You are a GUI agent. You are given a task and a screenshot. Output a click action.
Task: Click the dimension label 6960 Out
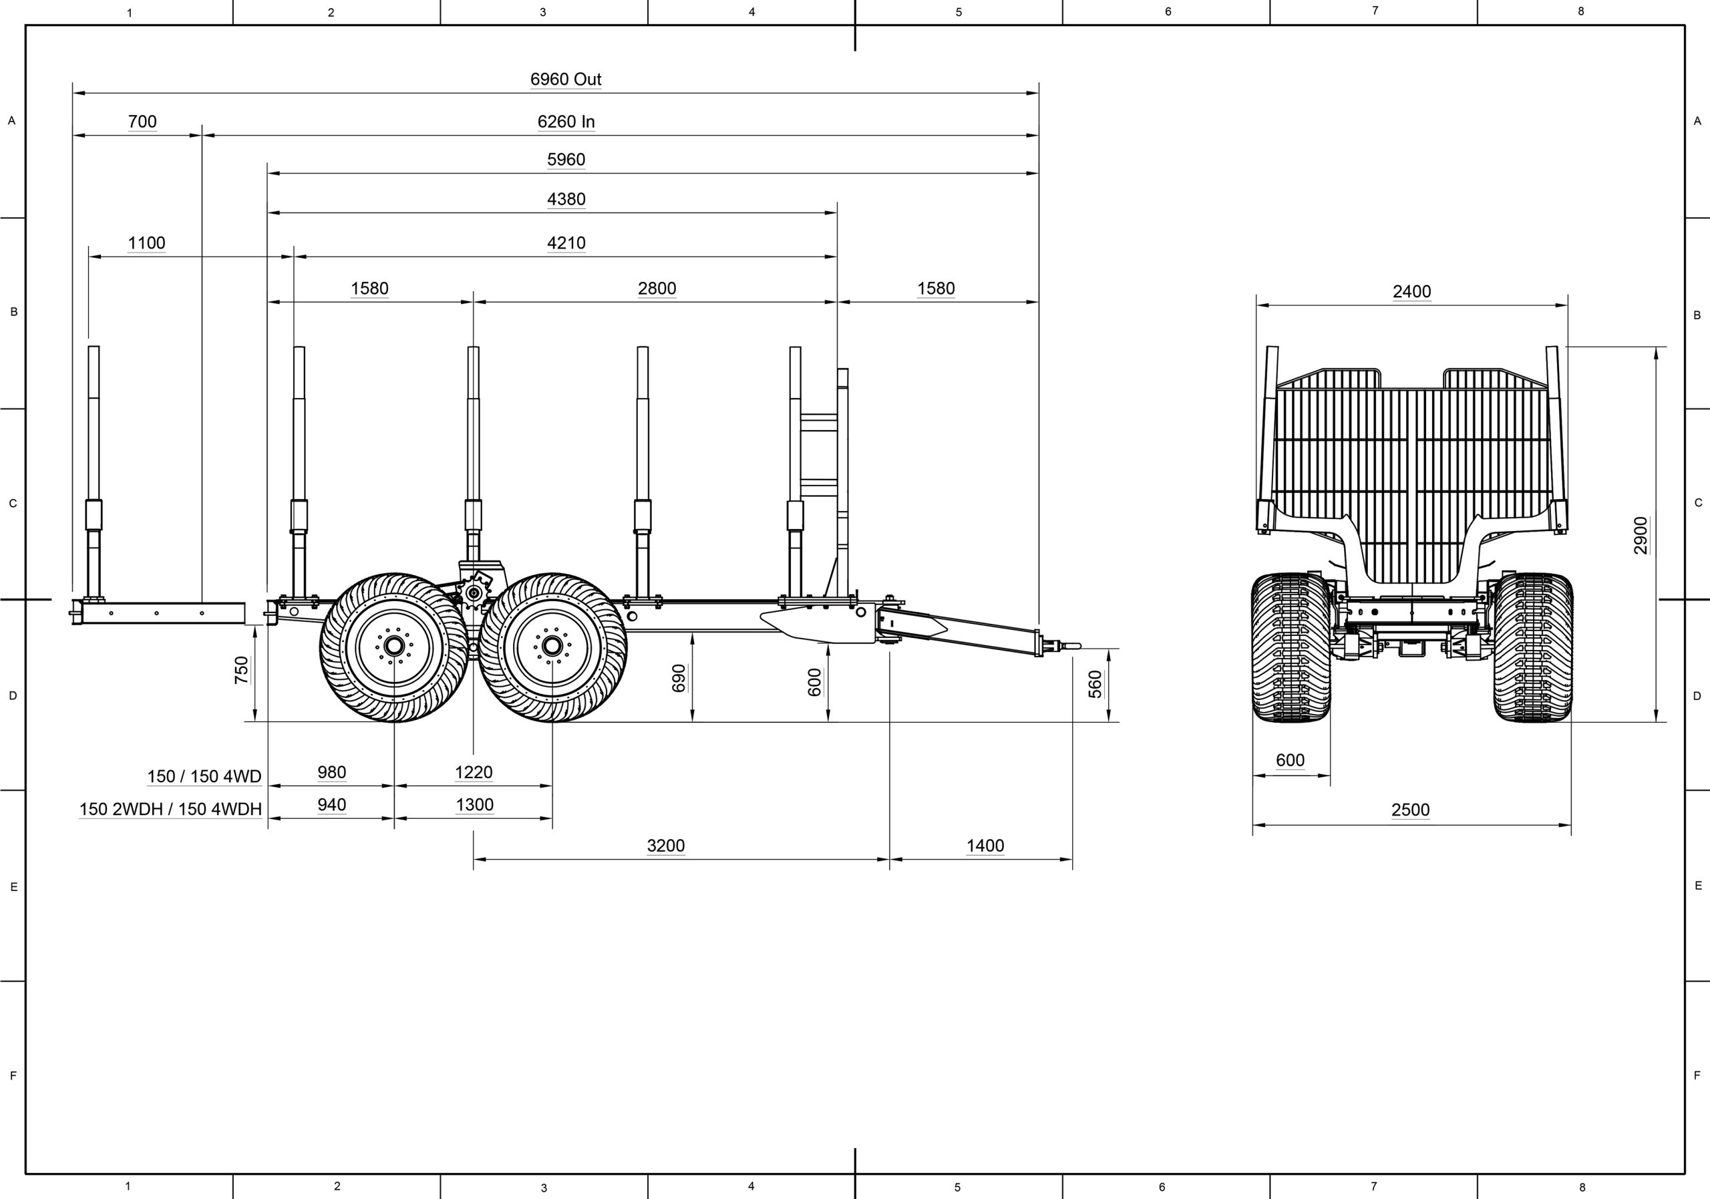point(565,79)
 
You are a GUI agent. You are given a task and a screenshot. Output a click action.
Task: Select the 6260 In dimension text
point(566,122)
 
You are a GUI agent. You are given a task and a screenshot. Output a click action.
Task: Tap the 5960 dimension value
point(566,160)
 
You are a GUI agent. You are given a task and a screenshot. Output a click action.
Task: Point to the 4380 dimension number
point(566,199)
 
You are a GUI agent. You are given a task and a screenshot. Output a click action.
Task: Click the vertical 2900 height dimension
point(1640,536)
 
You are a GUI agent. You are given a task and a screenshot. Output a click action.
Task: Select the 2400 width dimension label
point(1412,291)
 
